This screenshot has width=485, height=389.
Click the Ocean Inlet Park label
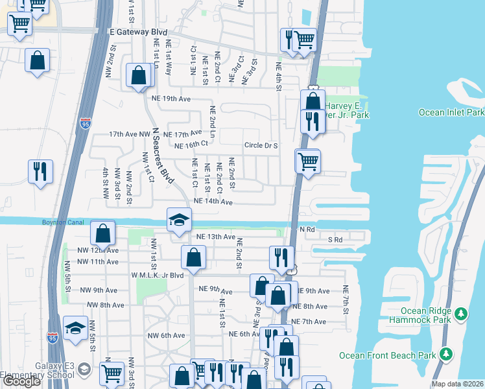[x=451, y=112]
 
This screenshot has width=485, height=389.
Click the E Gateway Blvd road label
[x=138, y=32]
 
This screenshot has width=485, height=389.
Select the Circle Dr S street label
[x=261, y=145]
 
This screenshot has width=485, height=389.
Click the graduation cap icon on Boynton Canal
[x=180, y=220]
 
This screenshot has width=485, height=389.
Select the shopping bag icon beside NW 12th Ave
[x=103, y=233]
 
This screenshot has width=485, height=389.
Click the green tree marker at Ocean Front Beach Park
[x=446, y=354]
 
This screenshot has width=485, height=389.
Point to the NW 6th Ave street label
[x=166, y=335]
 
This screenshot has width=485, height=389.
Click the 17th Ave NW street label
[x=129, y=134]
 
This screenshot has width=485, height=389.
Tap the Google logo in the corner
[x=22, y=382]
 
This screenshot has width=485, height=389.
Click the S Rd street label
[x=335, y=239]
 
